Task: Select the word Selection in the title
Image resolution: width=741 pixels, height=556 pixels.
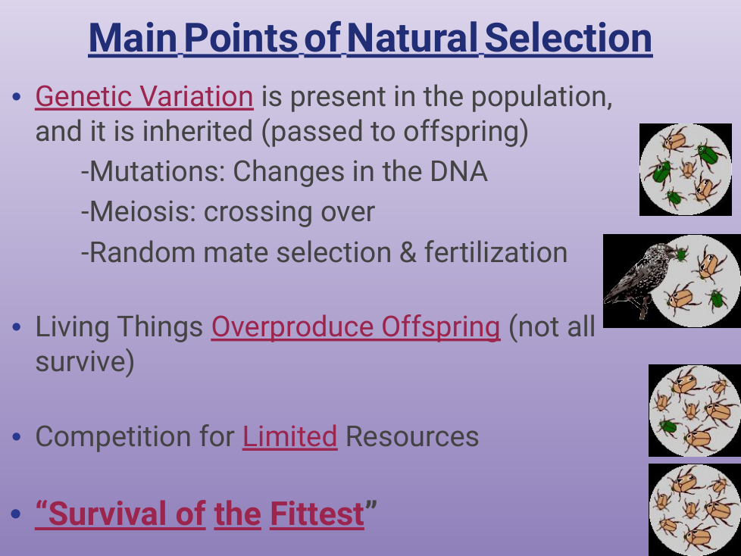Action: click(x=568, y=39)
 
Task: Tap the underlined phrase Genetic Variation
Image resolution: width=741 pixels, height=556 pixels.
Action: click(x=144, y=97)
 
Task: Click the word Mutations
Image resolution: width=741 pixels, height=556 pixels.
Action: click(x=153, y=171)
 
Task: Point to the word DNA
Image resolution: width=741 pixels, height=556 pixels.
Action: click(x=458, y=171)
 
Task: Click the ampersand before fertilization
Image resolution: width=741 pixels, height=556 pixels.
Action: click(x=408, y=252)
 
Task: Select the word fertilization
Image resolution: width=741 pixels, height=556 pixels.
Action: click(x=496, y=252)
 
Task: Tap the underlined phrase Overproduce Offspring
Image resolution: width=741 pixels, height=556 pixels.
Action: click(x=355, y=327)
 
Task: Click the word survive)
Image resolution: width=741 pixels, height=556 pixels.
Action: click(x=85, y=362)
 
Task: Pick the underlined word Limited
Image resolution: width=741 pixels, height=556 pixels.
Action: click(x=289, y=436)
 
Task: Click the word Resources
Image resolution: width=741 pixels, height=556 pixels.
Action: click(x=412, y=436)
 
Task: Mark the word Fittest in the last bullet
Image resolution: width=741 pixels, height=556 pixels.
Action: click(x=317, y=514)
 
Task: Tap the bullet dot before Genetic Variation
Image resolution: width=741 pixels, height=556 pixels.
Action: click(x=17, y=97)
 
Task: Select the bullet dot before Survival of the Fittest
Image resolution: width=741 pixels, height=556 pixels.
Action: click(x=17, y=514)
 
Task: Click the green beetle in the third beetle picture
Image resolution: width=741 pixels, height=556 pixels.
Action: click(x=668, y=426)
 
